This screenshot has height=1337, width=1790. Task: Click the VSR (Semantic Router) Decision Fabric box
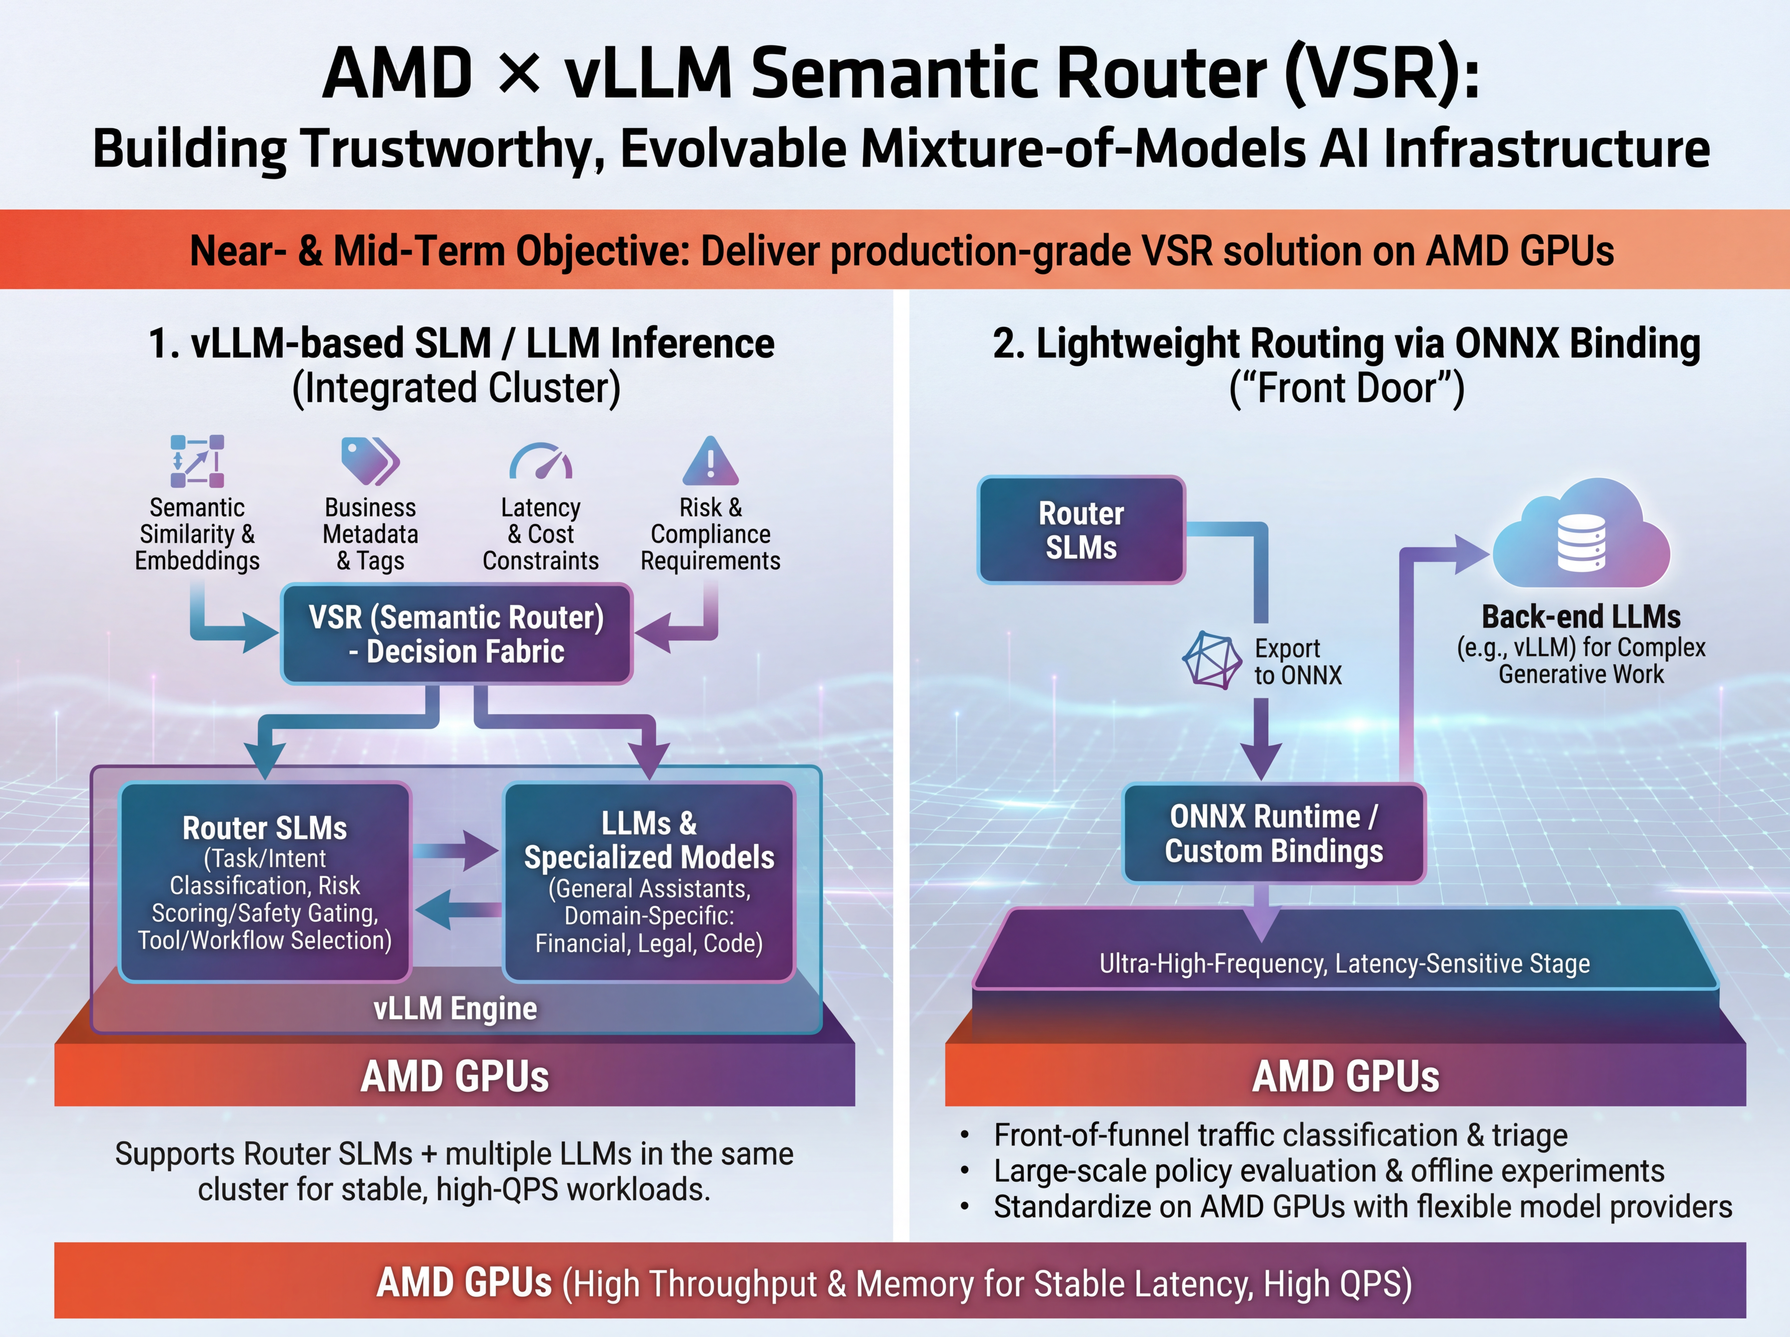coord(456,634)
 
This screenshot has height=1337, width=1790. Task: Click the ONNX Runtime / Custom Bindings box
coord(1273,834)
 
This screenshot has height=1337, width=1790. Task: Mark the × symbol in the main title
coord(518,73)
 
